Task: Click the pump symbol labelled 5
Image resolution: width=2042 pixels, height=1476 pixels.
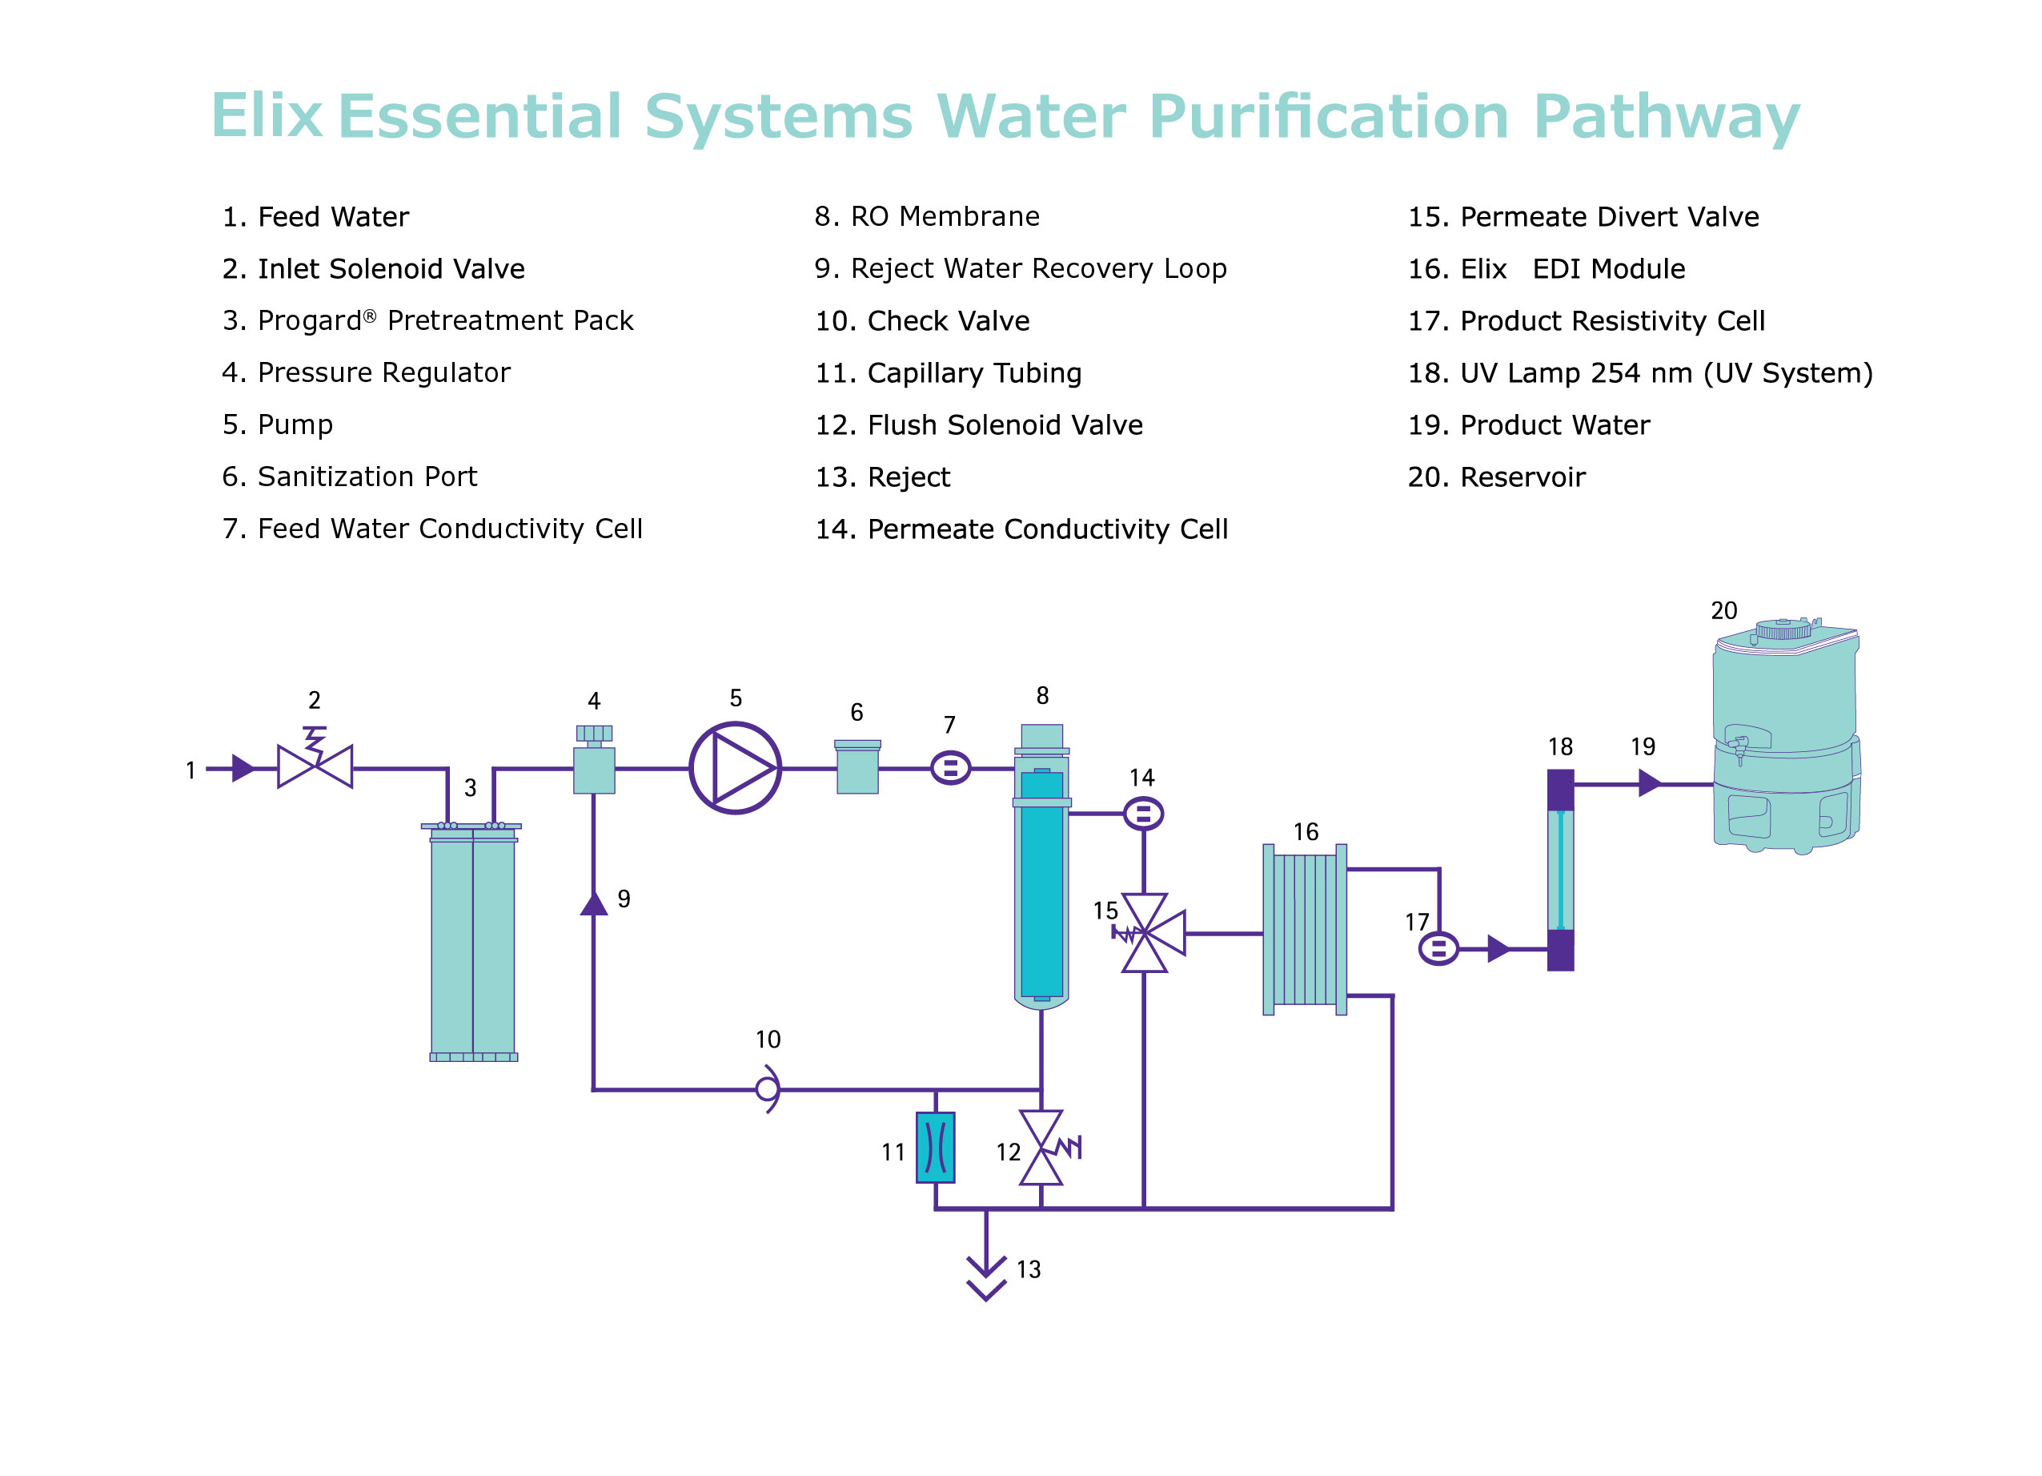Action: [x=735, y=768]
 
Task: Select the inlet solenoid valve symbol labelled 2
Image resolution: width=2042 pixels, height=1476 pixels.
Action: [x=315, y=766]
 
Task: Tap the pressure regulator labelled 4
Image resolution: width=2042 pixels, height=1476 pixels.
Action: [x=593, y=766]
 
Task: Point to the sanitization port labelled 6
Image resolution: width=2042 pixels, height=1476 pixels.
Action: [x=857, y=767]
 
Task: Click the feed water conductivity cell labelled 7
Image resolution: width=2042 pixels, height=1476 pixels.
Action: [x=950, y=768]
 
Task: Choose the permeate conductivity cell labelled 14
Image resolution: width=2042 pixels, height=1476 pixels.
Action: [x=1142, y=814]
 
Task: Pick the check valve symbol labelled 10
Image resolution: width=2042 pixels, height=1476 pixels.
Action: [x=767, y=1090]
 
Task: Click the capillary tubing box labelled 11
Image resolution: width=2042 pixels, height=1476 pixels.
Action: [x=935, y=1148]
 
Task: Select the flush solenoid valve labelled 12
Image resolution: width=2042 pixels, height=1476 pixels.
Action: [x=1041, y=1148]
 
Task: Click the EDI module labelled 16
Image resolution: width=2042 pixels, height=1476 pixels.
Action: [x=1305, y=929]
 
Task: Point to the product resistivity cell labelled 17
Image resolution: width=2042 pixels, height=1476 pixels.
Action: [x=1438, y=948]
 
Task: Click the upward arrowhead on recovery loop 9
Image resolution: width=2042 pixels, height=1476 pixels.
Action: [x=593, y=903]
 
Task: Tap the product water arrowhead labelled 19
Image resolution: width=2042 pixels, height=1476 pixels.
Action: [x=1648, y=783]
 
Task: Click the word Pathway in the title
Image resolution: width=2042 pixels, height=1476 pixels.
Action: [x=1666, y=117]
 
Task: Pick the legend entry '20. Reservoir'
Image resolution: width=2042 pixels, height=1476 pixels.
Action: [x=1495, y=477]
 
